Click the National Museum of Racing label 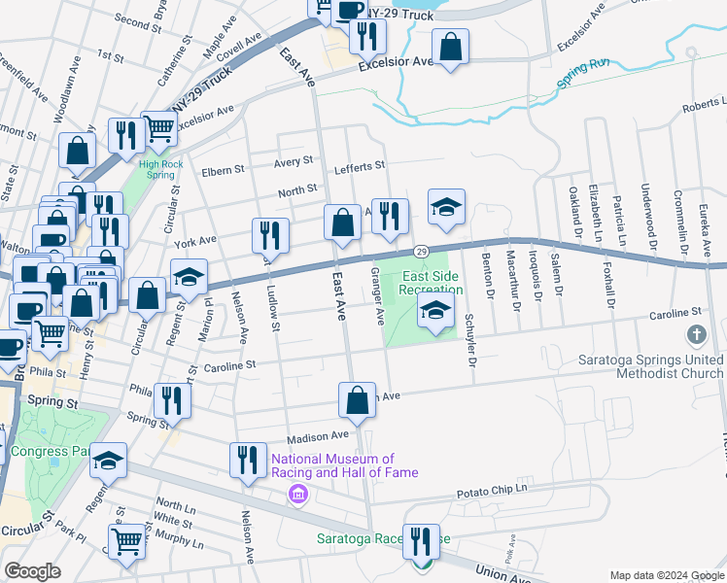click(345, 465)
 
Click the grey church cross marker click(696, 335)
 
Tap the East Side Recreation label click(433, 283)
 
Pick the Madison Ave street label click(316, 436)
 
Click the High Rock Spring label click(160, 169)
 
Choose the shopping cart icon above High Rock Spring click(158, 126)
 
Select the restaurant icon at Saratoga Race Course click(421, 541)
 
